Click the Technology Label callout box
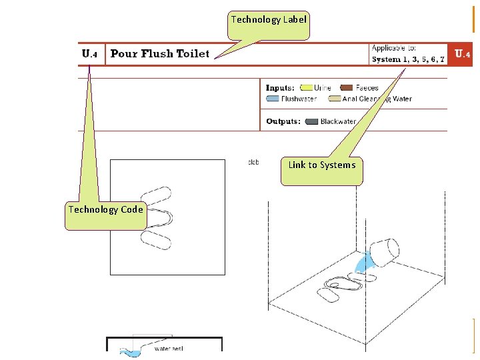tap(269, 20)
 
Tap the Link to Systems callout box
tap(322, 165)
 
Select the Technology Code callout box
tap(105, 209)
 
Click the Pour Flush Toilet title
tap(159, 54)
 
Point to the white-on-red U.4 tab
tap(463, 54)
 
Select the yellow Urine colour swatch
tap(307, 87)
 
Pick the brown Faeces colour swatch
tap(346, 87)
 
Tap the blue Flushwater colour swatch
tap(273, 99)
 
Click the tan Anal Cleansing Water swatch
tap(333, 99)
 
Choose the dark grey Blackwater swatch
tap(311, 121)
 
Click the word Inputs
tap(280, 87)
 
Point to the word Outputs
tap(283, 121)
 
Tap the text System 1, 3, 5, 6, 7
tap(408, 59)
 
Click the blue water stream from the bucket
tap(364, 264)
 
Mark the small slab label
tap(253, 162)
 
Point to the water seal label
tap(169, 348)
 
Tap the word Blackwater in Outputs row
tap(338, 121)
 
